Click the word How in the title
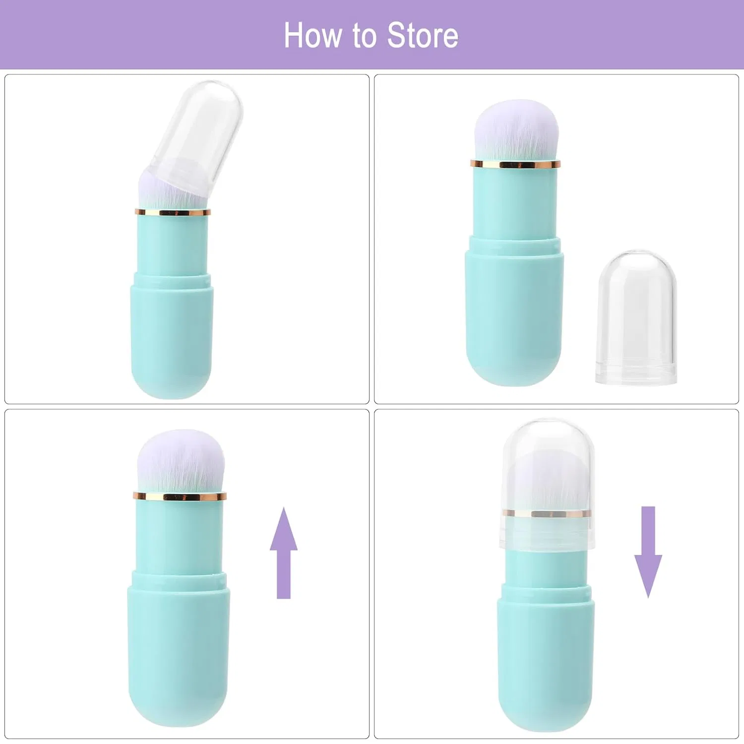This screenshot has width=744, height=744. coord(313,35)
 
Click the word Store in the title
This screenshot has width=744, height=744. coord(423,35)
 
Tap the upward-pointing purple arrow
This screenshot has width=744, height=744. coord(284,553)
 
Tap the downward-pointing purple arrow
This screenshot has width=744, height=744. coord(648,552)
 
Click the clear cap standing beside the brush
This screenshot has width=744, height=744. coord(636,317)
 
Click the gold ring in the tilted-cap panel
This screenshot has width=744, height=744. coord(173,212)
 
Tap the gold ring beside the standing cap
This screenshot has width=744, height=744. coord(515,164)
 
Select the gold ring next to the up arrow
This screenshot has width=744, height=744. coord(180,496)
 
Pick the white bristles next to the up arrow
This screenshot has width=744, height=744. coord(181,461)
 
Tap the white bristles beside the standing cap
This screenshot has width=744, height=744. coord(516,130)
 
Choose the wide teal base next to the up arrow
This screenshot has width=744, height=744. coord(179,650)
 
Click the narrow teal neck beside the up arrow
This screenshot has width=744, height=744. coord(180,536)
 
